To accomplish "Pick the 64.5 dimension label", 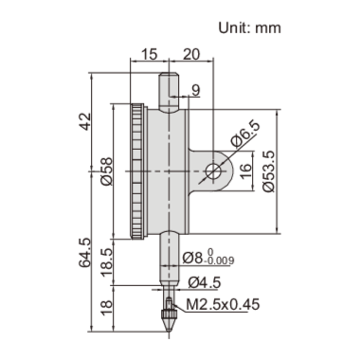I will tap(86, 255).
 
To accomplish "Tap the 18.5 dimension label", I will tap(107, 258).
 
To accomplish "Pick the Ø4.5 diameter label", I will tap(204, 281).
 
